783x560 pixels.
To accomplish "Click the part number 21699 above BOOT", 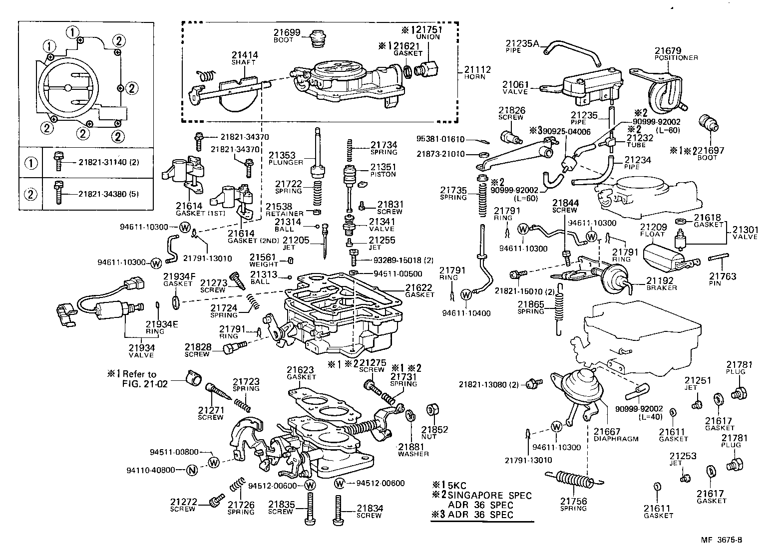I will [x=286, y=33].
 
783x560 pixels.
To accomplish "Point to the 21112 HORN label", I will [x=477, y=73].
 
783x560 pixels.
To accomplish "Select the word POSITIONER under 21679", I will [x=676, y=58].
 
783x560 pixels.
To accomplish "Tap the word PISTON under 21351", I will [x=383, y=174].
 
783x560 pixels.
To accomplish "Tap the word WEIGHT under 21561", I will [x=264, y=264].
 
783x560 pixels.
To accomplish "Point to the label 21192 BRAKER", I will [x=661, y=284].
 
